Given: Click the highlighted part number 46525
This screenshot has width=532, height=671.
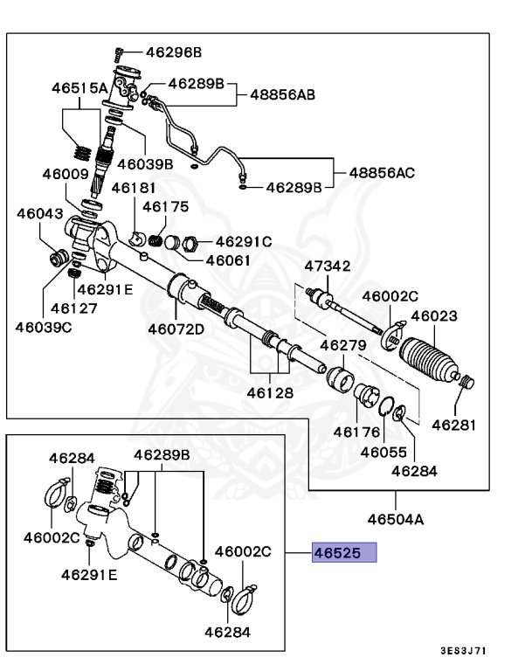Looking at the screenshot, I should click(344, 553).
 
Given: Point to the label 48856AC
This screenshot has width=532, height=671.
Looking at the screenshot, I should click(382, 172).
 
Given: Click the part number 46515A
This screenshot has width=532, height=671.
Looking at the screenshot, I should click(79, 87).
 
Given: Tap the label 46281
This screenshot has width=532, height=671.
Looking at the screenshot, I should click(456, 425).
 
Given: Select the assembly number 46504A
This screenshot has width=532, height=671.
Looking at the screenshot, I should click(395, 519).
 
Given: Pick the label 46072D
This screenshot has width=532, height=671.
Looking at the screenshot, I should click(175, 329).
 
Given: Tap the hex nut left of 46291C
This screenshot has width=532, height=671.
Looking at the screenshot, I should click(185, 242).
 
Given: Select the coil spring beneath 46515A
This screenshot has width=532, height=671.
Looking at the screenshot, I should click(80, 151).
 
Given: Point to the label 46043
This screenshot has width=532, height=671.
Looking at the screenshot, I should click(36, 212).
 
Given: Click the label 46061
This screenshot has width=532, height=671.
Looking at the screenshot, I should click(228, 260).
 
